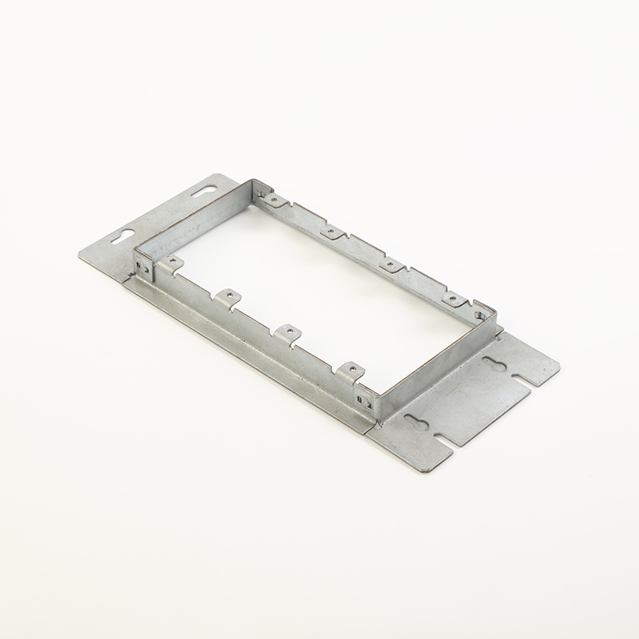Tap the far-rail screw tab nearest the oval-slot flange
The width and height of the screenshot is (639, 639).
click(x=273, y=198)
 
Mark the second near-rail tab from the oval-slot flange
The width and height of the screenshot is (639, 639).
click(x=228, y=296)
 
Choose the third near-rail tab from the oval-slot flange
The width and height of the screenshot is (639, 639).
click(x=285, y=331)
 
